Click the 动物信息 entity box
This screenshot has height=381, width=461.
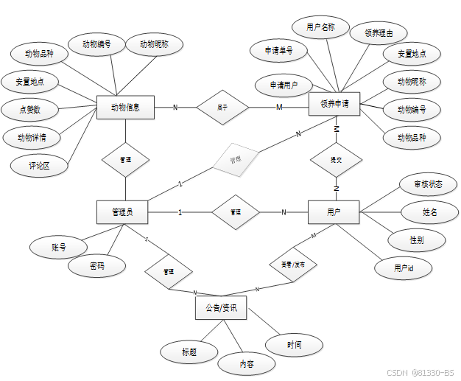(125, 108)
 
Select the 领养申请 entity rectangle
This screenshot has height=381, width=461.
(335, 105)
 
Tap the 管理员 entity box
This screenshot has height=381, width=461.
(122, 212)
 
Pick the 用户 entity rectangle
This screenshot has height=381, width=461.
(334, 212)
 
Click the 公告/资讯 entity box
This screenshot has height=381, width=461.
(220, 308)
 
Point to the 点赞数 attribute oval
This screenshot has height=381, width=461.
(30, 110)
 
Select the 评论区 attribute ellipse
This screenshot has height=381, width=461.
(39, 166)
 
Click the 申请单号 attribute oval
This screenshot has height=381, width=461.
(280, 51)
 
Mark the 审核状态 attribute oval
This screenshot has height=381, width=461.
(427, 184)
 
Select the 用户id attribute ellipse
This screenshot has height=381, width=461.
(403, 268)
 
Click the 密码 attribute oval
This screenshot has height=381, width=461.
(96, 265)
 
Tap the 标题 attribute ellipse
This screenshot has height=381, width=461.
(189, 352)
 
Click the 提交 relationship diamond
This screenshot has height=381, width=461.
(336, 158)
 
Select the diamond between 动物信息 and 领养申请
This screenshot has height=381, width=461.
(222, 108)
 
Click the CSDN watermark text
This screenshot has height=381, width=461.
(420, 373)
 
